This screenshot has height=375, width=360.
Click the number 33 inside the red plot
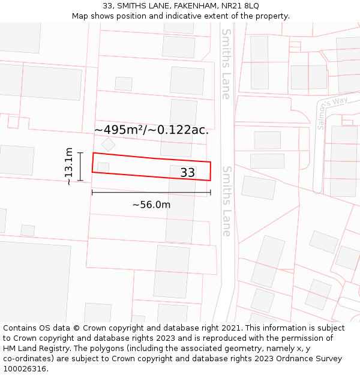187,173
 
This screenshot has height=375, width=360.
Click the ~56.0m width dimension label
151,205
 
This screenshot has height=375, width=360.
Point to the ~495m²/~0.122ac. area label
151,130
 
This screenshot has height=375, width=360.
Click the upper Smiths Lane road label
226,64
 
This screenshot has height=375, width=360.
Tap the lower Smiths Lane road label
226,201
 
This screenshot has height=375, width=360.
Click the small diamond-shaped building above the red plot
108,144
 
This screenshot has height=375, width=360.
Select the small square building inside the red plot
103,167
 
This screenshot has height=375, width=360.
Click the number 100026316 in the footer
25,369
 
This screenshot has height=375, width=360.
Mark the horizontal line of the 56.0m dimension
151,193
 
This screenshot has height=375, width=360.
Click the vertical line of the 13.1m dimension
80,167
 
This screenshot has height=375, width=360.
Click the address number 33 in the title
107,5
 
